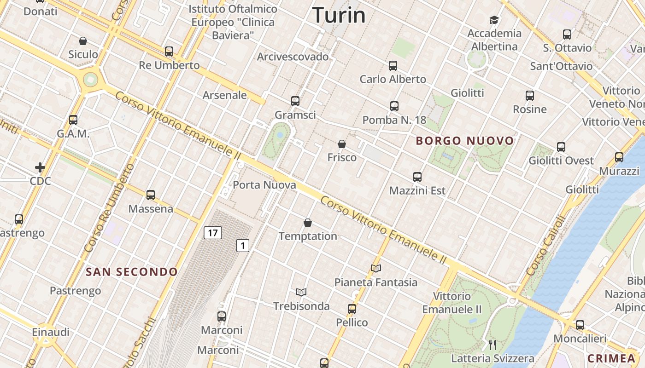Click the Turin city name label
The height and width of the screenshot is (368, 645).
tap(339, 15)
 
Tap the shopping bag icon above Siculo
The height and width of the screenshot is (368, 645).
tap(83, 41)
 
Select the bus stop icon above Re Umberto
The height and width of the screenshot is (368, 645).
tap(169, 51)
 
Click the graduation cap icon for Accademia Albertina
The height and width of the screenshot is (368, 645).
tap(494, 20)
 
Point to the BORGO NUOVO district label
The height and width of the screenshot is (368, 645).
tap(465, 141)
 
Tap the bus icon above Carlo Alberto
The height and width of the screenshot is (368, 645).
tap(393, 66)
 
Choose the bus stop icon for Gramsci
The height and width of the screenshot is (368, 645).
tap(295, 101)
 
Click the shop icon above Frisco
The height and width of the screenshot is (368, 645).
tap(342, 144)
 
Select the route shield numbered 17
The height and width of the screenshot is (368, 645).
tap(212, 233)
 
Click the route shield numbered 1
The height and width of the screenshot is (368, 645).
tap(243, 246)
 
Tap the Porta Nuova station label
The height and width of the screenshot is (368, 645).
tap(264, 185)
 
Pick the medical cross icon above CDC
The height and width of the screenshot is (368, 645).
tap(40, 167)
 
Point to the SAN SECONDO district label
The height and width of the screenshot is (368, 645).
tap(132, 272)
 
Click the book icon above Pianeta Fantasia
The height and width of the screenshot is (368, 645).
tap(376, 268)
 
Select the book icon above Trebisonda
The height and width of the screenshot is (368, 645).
tap(301, 292)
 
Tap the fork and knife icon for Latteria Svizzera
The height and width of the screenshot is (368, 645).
tap(493, 345)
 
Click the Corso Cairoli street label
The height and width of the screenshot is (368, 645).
tap(545, 246)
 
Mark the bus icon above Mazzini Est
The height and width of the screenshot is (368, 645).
tap(417, 177)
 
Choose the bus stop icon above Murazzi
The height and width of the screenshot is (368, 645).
tap(619, 157)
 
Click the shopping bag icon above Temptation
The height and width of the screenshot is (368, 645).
tap(308, 223)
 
